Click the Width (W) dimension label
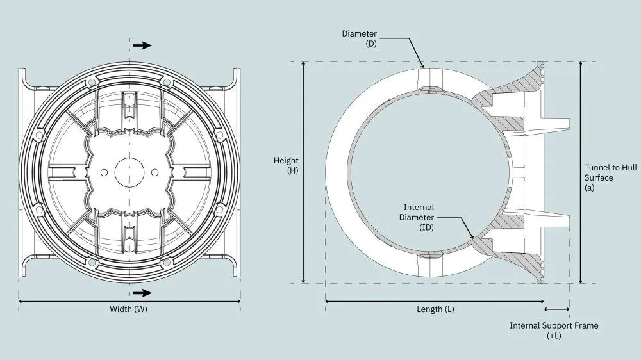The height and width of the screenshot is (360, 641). coord(129,309)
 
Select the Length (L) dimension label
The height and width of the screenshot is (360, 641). coord(435,309)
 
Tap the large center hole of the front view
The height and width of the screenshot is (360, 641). coord(129,172)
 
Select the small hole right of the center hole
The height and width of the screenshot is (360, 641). coord(154,172)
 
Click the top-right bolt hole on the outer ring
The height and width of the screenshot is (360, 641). coord(167,82)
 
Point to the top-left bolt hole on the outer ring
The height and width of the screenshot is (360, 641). coord(91,82)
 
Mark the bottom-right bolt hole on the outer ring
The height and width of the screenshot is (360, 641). coord(167,261)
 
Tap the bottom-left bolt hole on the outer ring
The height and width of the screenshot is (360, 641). coord(91,261)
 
